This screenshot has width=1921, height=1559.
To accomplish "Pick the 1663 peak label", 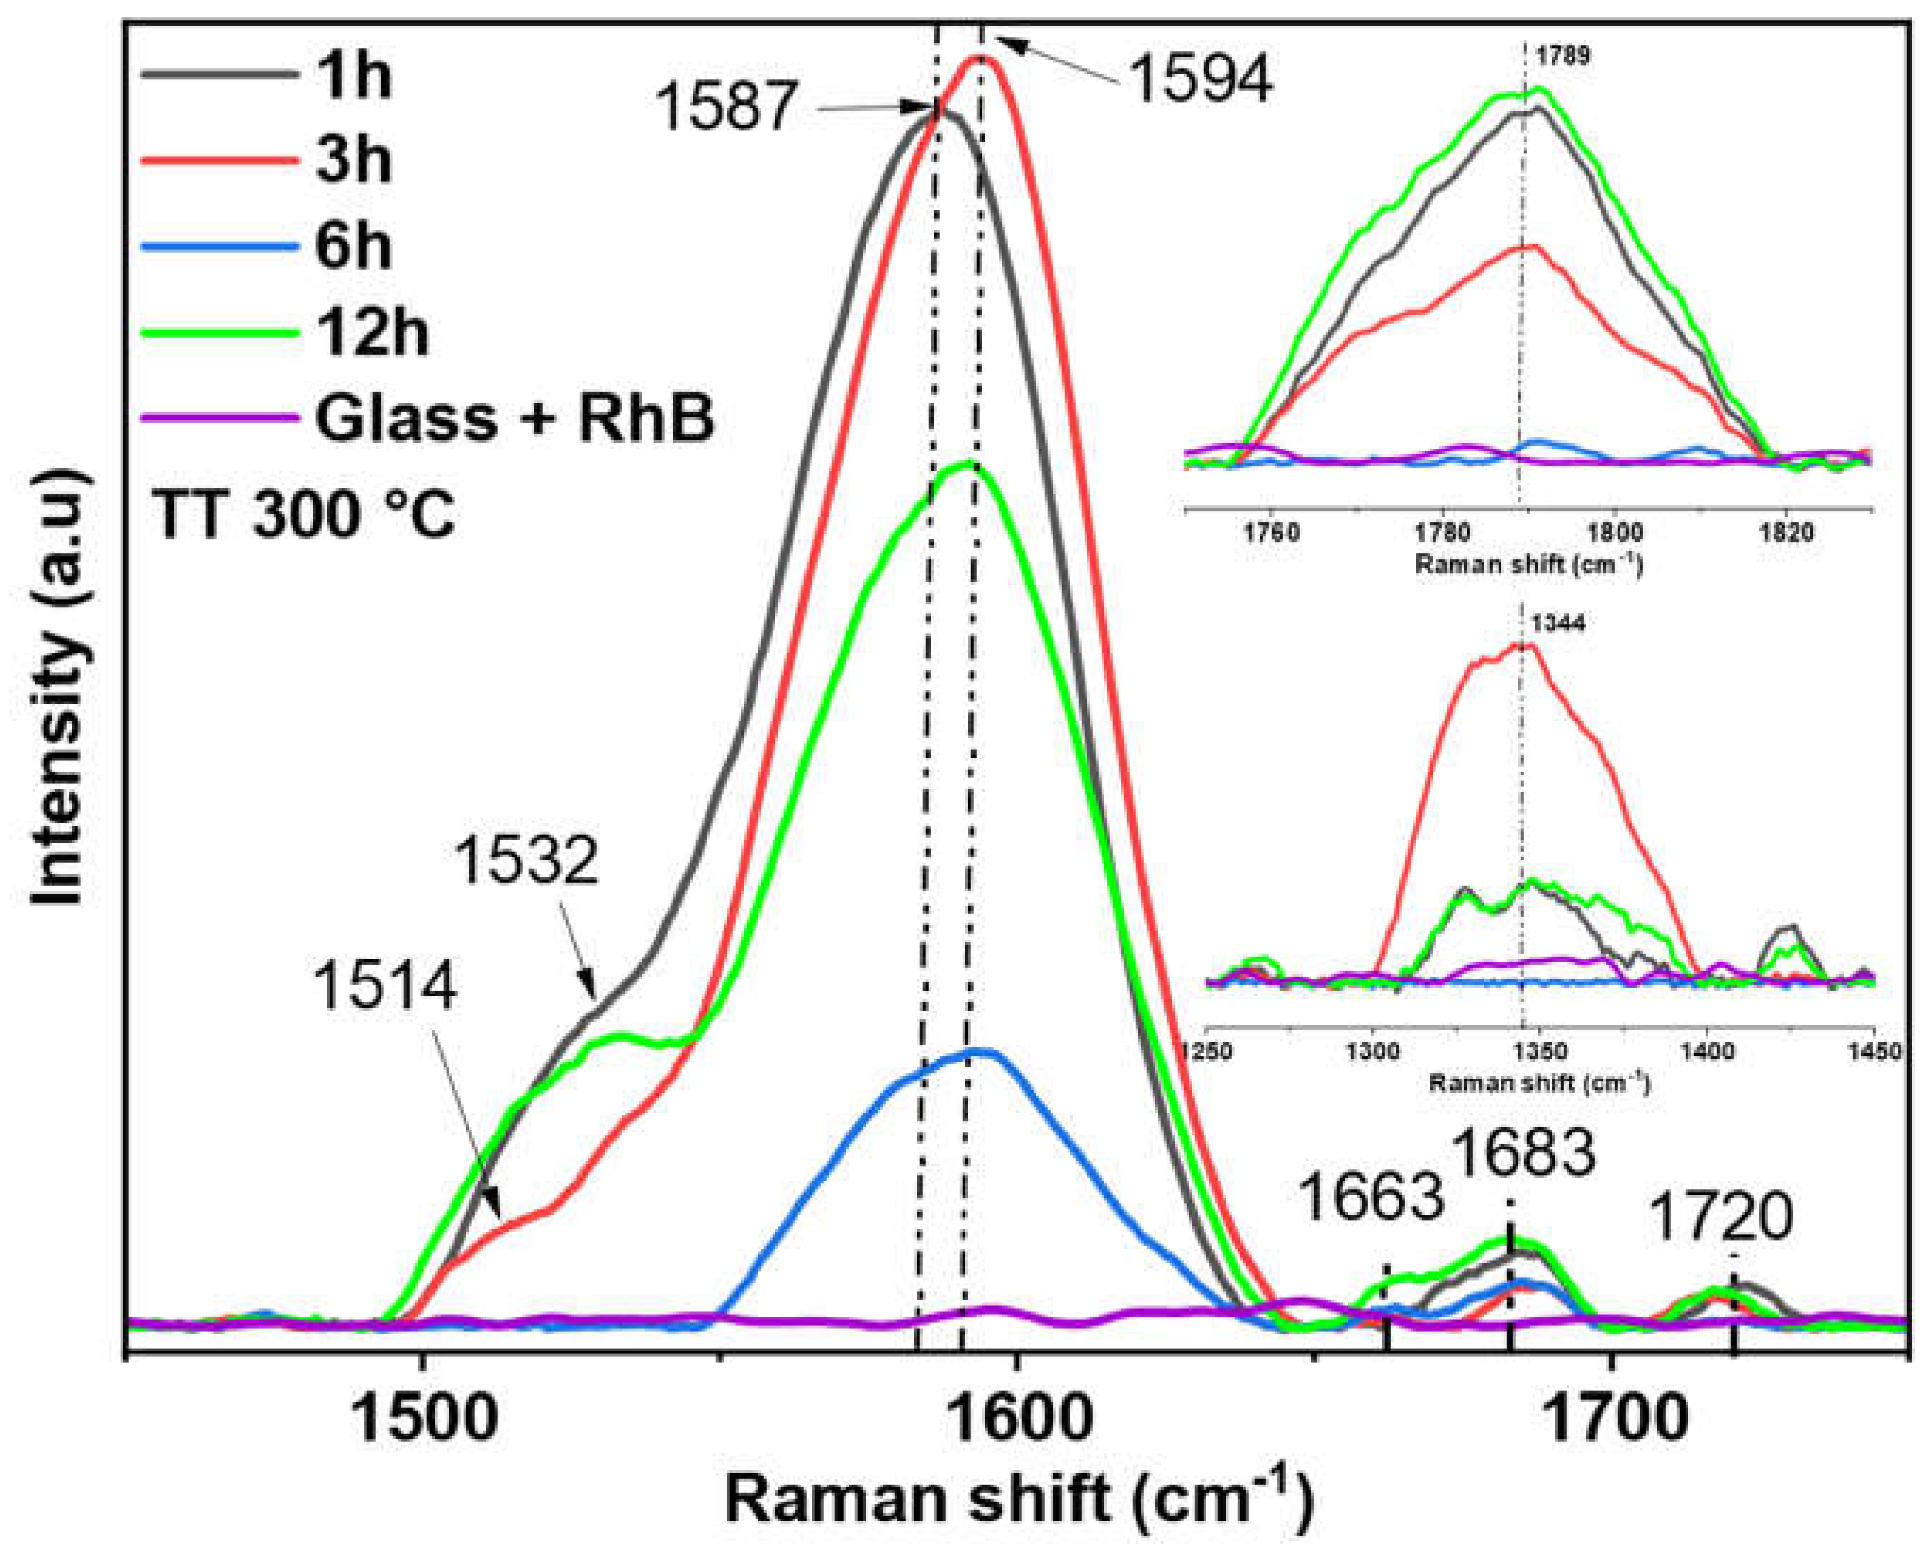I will (1372, 1198).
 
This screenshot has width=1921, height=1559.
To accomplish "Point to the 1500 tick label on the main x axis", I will (424, 1422).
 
